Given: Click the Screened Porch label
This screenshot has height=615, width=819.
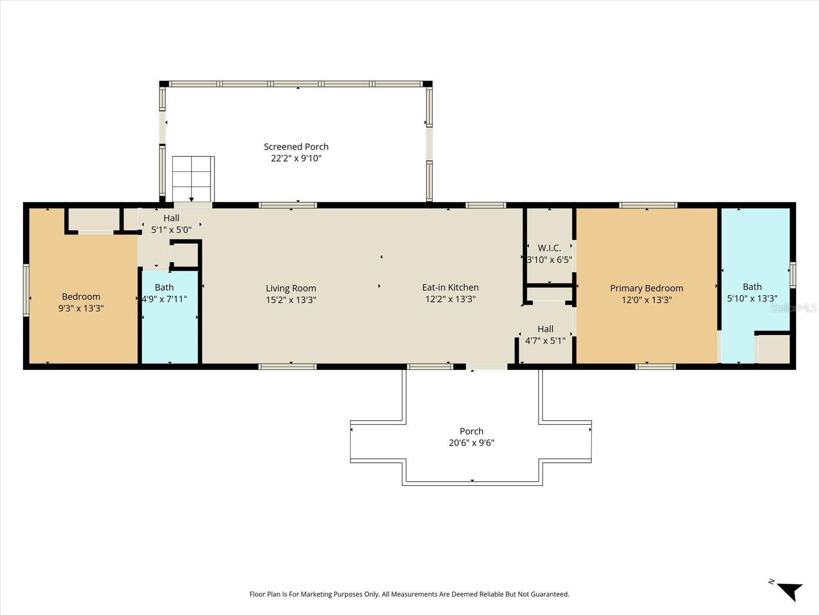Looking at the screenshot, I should (296, 147).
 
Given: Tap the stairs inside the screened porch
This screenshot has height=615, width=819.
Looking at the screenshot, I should (192, 179).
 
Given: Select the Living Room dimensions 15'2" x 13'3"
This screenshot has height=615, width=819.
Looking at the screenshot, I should (291, 300).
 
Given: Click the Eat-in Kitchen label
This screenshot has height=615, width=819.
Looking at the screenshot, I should (450, 288).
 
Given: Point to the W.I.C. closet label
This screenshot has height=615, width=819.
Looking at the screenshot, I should (549, 248).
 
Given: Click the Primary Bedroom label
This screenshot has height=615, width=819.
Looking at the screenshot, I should (646, 288).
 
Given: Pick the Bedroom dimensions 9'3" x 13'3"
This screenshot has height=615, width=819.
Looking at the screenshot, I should (81, 309).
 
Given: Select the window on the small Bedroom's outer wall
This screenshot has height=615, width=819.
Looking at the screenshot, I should (26, 290).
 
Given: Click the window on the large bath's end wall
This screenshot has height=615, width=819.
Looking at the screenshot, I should (792, 274).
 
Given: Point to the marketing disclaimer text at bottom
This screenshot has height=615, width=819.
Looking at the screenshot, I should (409, 594).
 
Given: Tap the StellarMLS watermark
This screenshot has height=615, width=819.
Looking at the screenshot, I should (793, 308).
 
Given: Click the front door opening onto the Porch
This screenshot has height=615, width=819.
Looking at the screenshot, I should (486, 367).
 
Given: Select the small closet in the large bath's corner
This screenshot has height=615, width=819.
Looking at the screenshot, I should (773, 349).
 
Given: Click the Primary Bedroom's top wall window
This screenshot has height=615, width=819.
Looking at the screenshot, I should (648, 206).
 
